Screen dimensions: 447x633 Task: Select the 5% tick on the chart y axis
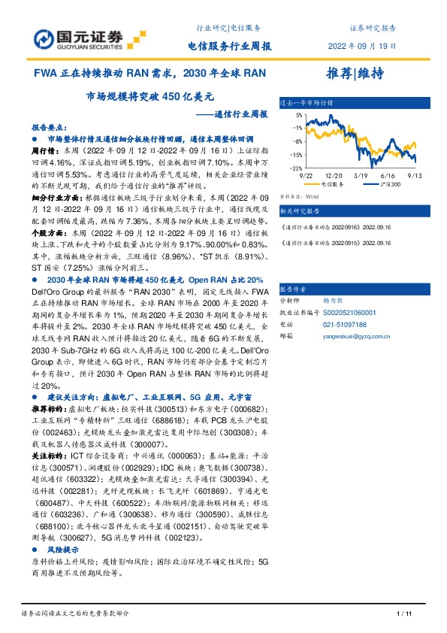pos(298,115)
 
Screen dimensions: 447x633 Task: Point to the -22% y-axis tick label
pos(297,168)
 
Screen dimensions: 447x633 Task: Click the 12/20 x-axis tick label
pos(334,174)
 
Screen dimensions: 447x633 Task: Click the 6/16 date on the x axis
pos(390,174)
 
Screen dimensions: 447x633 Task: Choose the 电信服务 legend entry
pos(332,183)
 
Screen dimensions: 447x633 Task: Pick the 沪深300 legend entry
pos(385,183)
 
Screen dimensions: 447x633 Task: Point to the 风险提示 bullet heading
pos(63,550)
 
